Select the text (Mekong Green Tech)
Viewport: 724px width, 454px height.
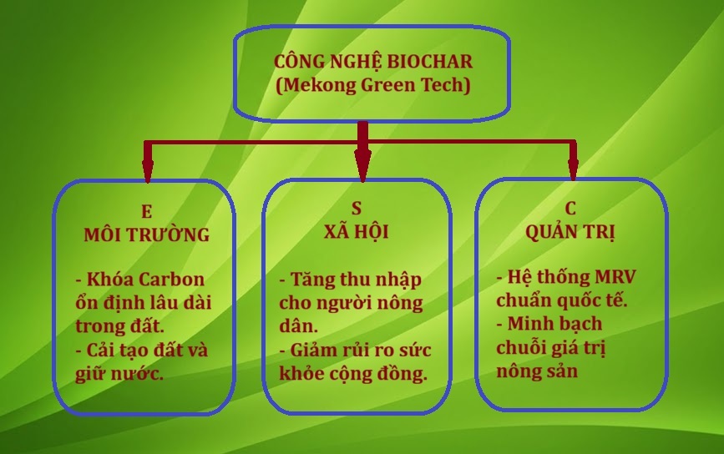click(x=372, y=85)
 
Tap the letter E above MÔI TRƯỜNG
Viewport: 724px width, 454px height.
click(x=146, y=212)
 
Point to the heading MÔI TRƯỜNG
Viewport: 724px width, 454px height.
click(x=146, y=235)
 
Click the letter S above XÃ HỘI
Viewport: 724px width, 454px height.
click(x=356, y=209)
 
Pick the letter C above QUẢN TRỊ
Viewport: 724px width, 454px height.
click(x=570, y=209)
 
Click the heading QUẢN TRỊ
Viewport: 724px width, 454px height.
click(x=570, y=232)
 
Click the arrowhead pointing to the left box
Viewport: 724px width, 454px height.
click(x=148, y=171)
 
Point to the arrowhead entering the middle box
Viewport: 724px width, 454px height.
click(x=362, y=168)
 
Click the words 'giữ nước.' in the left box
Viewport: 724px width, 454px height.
click(x=119, y=373)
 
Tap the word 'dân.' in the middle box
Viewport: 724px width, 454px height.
click(x=298, y=325)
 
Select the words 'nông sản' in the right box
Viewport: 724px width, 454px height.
click(x=537, y=371)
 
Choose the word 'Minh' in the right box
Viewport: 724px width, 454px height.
click(x=529, y=324)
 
